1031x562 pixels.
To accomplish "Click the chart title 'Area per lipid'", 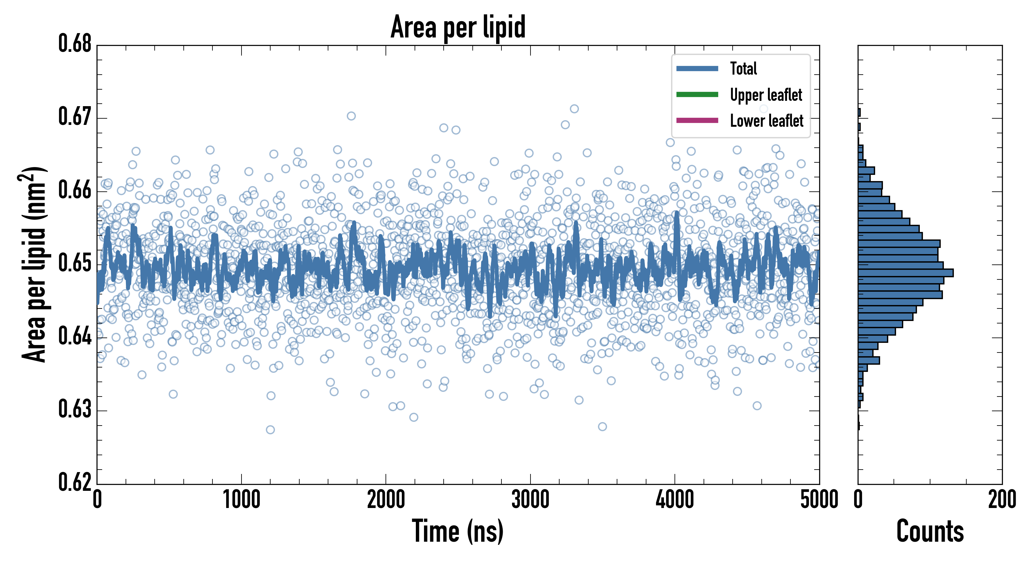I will [x=458, y=27].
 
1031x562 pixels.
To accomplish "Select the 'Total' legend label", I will [x=743, y=68].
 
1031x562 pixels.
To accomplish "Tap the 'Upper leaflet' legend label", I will [x=766, y=95].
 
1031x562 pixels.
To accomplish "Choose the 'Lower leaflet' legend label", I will [x=766, y=121].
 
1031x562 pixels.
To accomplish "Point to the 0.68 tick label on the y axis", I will [x=75, y=44].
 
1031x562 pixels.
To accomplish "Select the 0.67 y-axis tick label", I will [x=75, y=117].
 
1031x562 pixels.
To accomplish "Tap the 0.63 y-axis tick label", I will [x=75, y=409].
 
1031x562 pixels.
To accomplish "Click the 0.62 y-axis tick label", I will [x=75, y=482].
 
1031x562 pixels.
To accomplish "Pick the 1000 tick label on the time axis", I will [x=241, y=500].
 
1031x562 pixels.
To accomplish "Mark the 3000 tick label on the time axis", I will [x=530, y=500].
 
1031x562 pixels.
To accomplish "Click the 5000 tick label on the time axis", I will [x=819, y=500].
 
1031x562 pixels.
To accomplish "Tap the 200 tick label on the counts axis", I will [x=1002, y=500].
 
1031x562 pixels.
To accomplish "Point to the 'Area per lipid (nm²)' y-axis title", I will [x=34, y=264].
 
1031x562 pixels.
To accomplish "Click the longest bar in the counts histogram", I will [x=905, y=273].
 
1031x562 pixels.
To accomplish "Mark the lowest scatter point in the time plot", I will [x=270, y=430].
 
